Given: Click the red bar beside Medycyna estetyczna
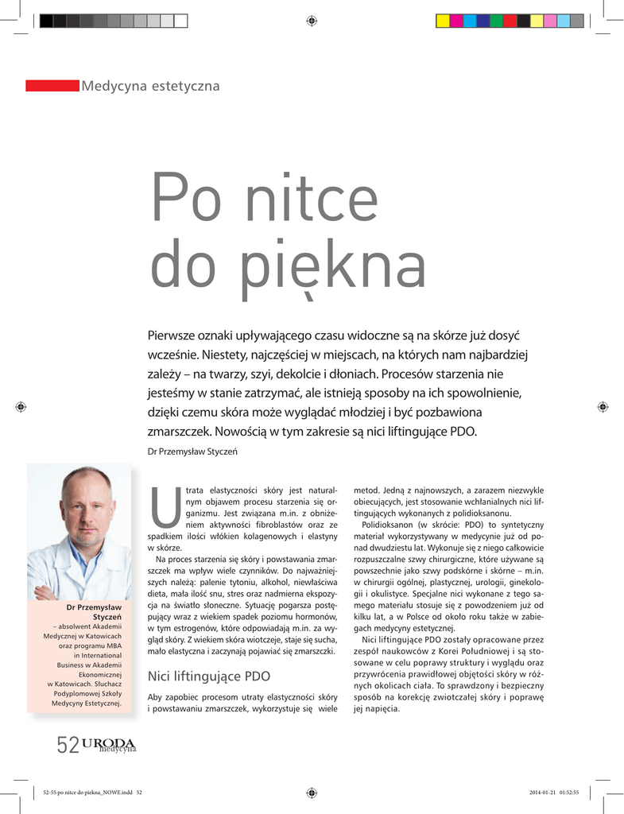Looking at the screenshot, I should point(52,85).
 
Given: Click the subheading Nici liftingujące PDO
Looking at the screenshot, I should point(210,676).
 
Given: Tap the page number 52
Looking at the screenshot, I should point(67,745).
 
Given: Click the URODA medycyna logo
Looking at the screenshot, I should point(108,745).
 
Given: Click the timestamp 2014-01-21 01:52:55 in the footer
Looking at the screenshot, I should point(554,792).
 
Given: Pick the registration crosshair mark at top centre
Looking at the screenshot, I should point(312,21).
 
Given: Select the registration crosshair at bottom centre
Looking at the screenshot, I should point(312,792).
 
